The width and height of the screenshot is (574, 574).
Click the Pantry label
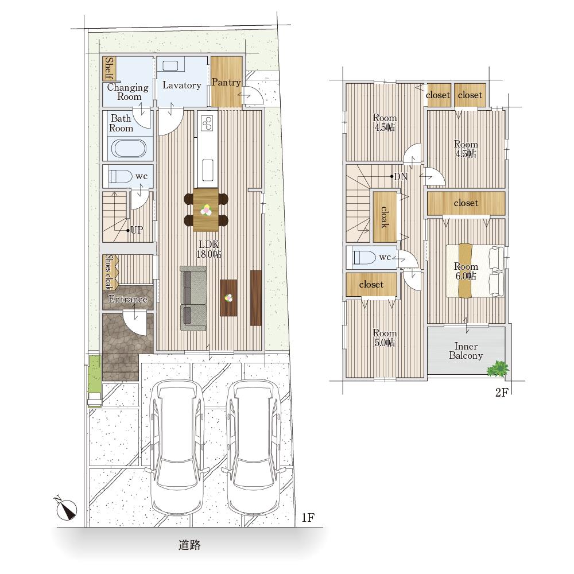click(226, 82)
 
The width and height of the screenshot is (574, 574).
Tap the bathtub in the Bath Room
click(129, 149)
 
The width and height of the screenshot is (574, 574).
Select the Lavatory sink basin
click(170, 66)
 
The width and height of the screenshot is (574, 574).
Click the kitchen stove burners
click(208, 123)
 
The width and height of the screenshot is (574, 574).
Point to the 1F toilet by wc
click(121, 176)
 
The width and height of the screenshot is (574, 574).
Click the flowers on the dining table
click(206, 210)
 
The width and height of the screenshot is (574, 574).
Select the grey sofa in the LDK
click(193, 298)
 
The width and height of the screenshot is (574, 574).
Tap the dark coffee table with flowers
click(228, 298)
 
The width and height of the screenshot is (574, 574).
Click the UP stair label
click(137, 230)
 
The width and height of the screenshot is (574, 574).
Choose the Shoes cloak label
click(108, 272)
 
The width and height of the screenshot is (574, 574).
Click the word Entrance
click(128, 300)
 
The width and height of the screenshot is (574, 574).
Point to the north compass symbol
click(66, 508)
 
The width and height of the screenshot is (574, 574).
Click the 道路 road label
click(189, 545)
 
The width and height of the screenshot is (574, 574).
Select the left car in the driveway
click(176, 447)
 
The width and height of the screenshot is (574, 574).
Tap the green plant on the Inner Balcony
click(498, 369)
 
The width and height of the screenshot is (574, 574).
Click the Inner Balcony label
click(466, 351)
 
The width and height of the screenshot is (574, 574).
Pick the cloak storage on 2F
click(385, 217)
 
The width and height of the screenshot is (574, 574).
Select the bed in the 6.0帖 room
click(475, 271)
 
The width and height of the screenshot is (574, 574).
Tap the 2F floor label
click(502, 393)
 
